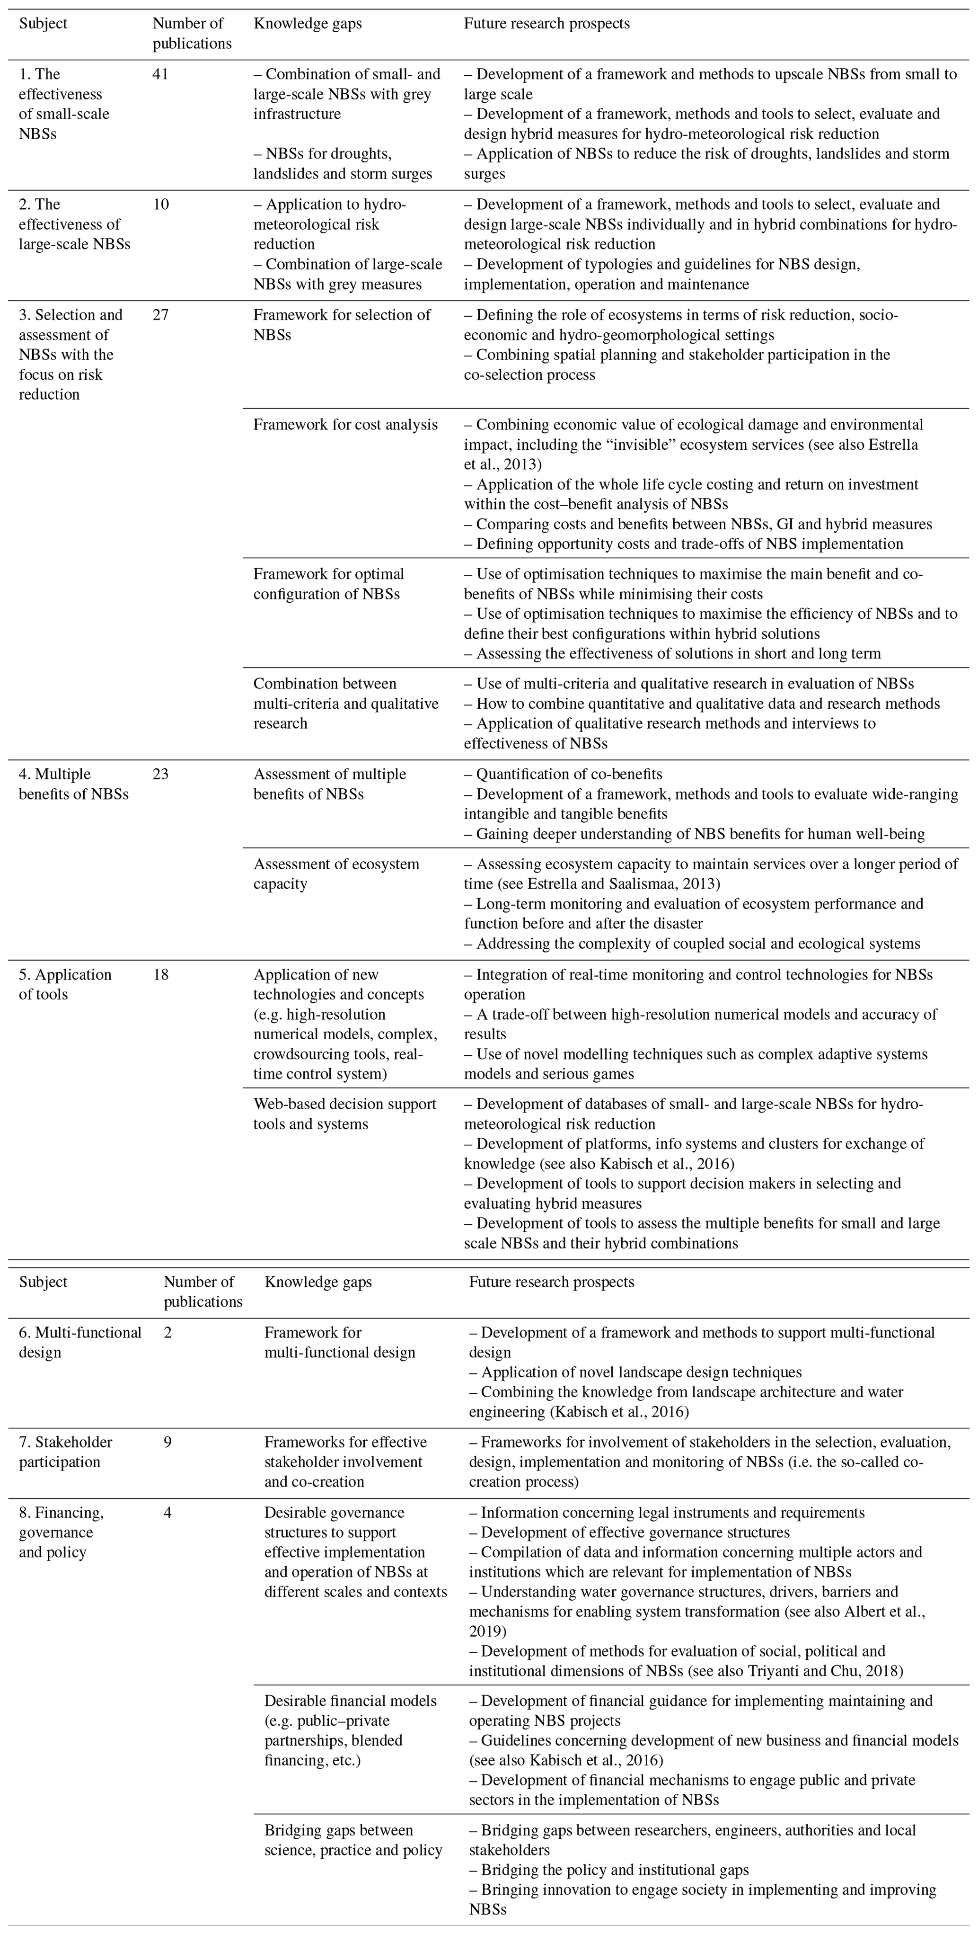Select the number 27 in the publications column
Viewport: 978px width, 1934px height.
(x=160, y=314)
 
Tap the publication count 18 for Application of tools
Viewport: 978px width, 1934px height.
(x=160, y=974)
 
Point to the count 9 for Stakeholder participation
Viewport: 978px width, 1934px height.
(x=167, y=1442)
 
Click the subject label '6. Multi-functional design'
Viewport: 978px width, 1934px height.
(x=79, y=1342)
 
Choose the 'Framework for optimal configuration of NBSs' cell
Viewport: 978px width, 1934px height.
(x=329, y=583)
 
